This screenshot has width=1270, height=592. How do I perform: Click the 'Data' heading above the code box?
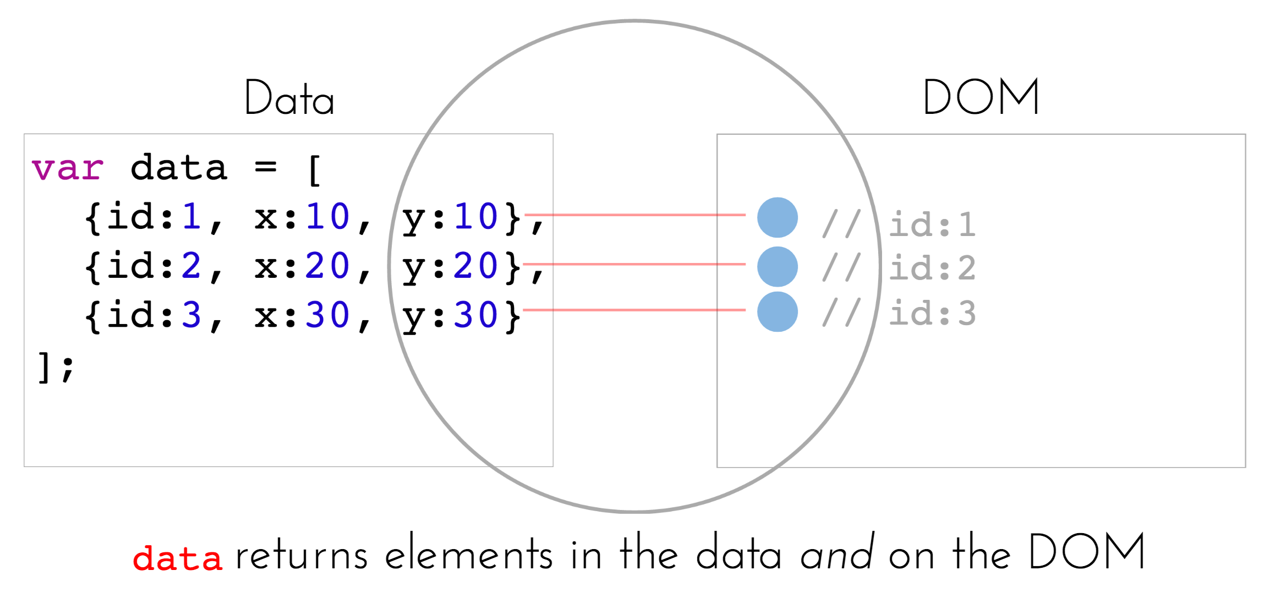pos(289,98)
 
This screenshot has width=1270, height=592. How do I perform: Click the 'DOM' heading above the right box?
pos(981,97)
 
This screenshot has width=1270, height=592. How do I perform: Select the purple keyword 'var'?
pos(67,168)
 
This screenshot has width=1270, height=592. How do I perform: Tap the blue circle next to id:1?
pos(777,217)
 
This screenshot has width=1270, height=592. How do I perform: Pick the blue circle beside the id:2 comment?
pos(777,267)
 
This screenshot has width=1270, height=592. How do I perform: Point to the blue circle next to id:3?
pos(777,312)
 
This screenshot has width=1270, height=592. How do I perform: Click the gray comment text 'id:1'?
pos(933,224)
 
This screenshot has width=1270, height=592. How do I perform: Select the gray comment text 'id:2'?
pos(933,268)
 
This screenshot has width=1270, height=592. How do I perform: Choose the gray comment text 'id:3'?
pos(933,313)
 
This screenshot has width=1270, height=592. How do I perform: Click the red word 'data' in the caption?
pos(177,558)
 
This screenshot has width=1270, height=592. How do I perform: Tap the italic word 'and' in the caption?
pos(837,553)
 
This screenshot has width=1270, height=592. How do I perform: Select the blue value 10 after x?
pos(327,216)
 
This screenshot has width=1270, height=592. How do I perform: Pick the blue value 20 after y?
pos(475,266)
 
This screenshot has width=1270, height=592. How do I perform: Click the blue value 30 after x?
pos(327,315)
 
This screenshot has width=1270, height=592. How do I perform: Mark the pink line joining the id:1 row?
pos(633,215)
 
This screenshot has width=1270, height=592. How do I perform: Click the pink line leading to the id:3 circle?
pos(633,310)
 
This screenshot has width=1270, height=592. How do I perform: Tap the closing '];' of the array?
pos(55,366)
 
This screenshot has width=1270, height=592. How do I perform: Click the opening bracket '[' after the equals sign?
pos(314,169)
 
